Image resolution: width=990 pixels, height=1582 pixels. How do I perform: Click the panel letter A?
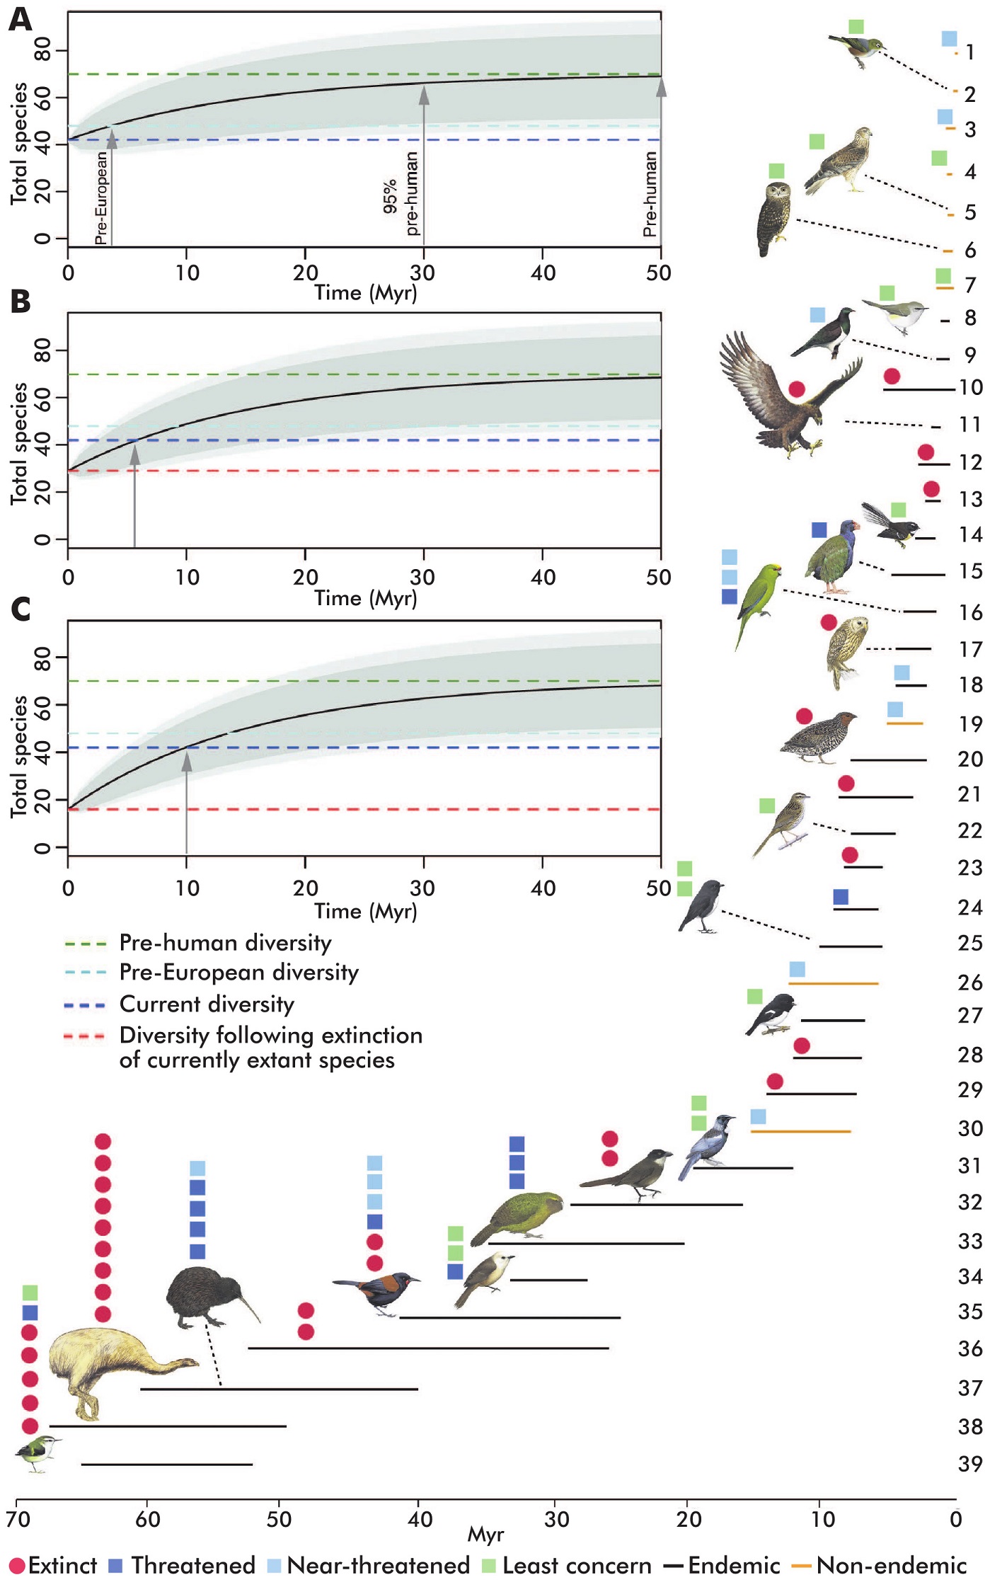(x=20, y=19)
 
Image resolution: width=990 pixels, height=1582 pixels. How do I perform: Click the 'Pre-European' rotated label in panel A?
(x=101, y=197)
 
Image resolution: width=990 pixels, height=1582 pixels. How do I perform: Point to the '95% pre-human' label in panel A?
(x=401, y=194)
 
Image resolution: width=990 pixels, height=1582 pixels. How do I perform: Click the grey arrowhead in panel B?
(x=134, y=454)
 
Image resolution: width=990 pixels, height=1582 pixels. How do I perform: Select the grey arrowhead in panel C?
(x=187, y=761)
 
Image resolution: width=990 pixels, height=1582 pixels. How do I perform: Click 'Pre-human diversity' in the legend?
(x=225, y=943)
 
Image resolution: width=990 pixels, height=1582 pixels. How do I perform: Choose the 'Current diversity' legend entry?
(x=207, y=1004)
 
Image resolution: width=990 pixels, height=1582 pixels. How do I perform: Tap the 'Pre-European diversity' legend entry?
(x=238, y=973)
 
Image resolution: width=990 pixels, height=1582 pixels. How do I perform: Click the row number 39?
(x=969, y=1463)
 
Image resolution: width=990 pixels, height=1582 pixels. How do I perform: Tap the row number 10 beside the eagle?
(x=969, y=388)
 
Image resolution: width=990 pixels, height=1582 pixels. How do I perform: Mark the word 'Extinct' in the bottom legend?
(x=62, y=1565)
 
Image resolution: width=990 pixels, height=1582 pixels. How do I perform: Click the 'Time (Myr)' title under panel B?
(x=365, y=598)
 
